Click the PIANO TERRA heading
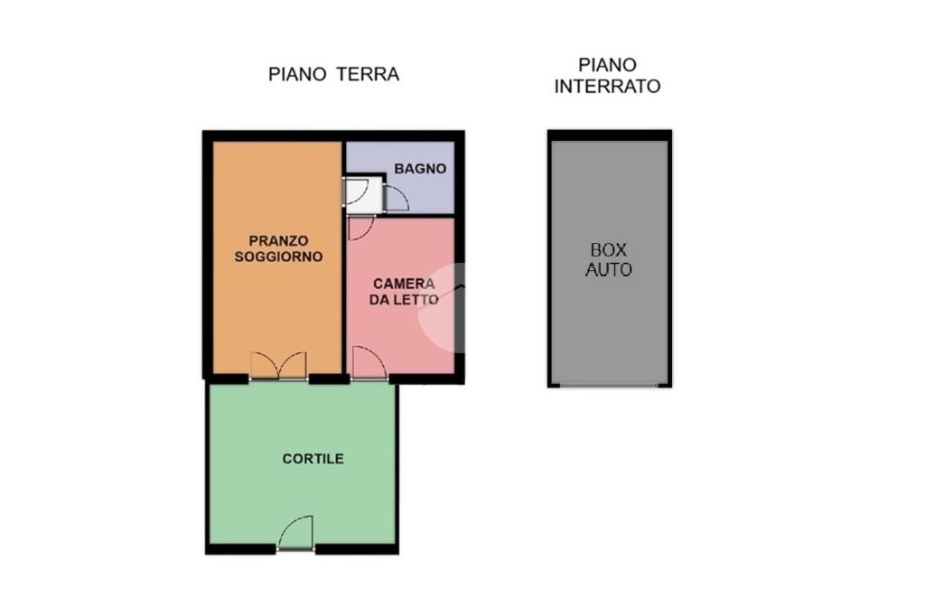[x=334, y=74]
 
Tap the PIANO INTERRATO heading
[x=607, y=76]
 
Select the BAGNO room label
[x=420, y=169]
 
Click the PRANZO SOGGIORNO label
[x=278, y=248]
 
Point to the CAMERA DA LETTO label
[x=404, y=292]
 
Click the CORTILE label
[x=313, y=459]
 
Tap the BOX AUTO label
[x=609, y=259]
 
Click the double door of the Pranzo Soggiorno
[x=278, y=366]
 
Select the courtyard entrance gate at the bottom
[x=295, y=534]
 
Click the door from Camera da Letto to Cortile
[x=369, y=363]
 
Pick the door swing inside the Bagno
[x=397, y=198]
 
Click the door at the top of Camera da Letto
[x=361, y=229]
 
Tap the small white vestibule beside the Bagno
[x=364, y=195]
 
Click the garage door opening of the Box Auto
[x=609, y=386]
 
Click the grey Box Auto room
[x=610, y=262]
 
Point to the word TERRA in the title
[x=369, y=74]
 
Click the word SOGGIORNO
[x=278, y=257]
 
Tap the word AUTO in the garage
[x=609, y=270]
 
